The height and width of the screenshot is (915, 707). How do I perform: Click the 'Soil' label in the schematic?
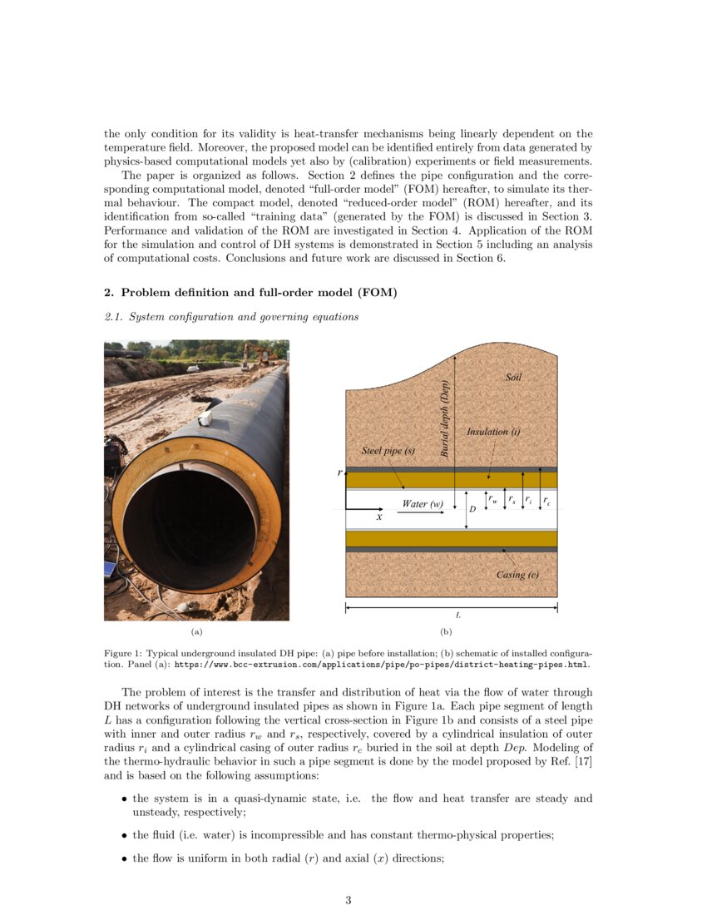tap(514, 378)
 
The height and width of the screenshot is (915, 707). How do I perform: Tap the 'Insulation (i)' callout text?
tap(493, 432)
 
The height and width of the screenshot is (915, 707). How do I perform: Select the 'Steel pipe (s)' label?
tap(388, 451)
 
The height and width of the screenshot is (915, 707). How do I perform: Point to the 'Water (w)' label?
tap(423, 504)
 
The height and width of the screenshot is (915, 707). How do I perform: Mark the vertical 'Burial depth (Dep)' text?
tap(445, 418)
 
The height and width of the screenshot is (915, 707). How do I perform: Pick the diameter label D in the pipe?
tap(472, 508)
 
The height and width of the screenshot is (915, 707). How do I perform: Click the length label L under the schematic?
tap(458, 616)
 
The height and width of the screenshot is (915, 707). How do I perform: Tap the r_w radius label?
tap(493, 500)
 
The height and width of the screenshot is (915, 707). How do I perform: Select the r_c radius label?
tap(546, 501)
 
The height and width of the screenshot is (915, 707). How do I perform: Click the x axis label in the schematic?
tap(379, 517)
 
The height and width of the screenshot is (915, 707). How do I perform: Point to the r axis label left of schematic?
tap(339, 472)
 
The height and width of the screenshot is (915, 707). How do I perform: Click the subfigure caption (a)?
tap(196, 632)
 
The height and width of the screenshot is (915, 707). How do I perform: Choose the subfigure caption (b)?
tap(446, 632)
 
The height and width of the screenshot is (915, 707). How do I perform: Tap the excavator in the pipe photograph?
tap(257, 355)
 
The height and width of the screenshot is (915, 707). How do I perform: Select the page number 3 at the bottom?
tap(349, 899)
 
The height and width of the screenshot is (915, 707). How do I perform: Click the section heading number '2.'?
tap(108, 292)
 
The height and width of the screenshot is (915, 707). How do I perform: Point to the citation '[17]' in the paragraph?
tap(583, 764)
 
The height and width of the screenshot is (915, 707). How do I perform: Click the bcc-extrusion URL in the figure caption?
tap(382, 665)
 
